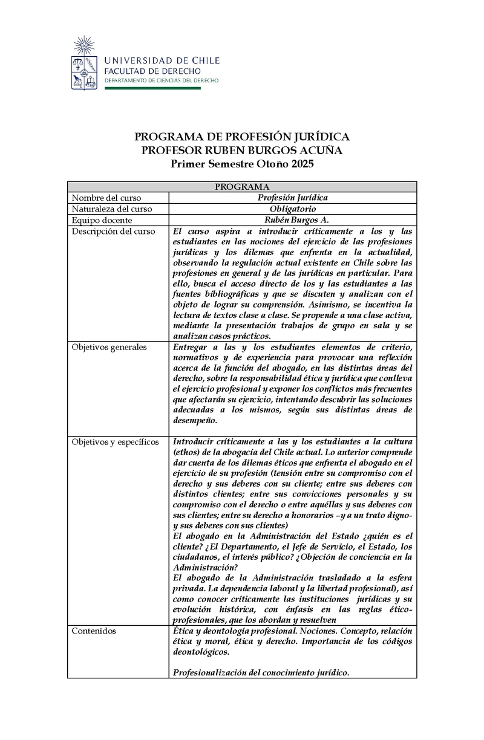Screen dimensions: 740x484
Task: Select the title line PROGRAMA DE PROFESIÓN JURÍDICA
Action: click(241, 137)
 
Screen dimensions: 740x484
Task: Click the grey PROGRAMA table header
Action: click(241, 187)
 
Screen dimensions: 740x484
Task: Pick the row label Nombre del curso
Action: click(106, 198)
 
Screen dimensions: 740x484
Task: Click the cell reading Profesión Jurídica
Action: click(292, 198)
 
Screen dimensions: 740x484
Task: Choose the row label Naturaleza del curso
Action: click(112, 209)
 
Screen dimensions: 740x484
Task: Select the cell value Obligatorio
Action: click(292, 209)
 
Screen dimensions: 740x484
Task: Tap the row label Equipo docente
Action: click(102, 220)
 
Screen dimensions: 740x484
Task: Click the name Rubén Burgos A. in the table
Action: click(292, 220)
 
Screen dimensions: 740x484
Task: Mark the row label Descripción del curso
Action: click(113, 232)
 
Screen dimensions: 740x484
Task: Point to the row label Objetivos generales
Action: click(109, 347)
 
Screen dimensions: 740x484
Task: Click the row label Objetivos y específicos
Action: click(115, 442)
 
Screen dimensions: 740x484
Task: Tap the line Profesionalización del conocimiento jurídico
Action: click(261, 673)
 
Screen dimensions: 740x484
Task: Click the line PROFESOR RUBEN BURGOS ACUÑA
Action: click(241, 151)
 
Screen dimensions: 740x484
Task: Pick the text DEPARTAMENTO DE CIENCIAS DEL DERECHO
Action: click(162, 80)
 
